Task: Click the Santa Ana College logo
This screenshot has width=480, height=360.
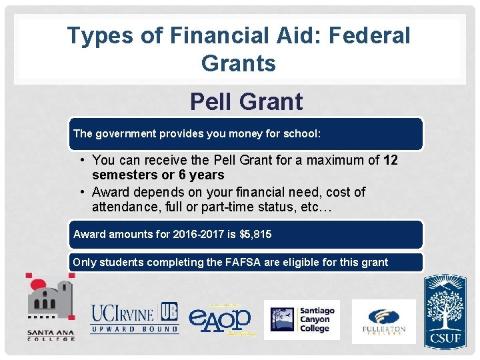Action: click(x=50, y=307)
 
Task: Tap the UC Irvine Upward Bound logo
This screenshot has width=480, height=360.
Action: click(x=135, y=318)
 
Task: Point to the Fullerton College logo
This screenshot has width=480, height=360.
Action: click(x=383, y=321)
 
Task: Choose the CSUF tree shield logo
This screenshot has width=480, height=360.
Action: click(x=446, y=312)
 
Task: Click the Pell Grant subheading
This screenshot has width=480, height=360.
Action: click(x=246, y=102)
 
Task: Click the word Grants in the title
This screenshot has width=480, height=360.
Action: click(x=238, y=63)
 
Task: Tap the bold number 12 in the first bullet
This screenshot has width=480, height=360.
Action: click(x=391, y=160)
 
